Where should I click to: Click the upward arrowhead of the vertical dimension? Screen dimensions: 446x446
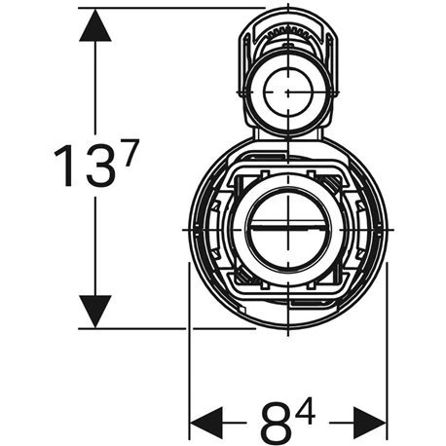[x=94, y=27]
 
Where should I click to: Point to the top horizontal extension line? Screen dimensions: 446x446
[x=166, y=8]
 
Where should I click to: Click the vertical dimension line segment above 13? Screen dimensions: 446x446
[x=94, y=88]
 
